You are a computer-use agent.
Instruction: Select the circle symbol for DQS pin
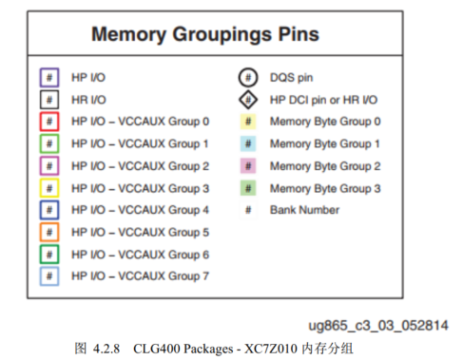(x=240, y=78)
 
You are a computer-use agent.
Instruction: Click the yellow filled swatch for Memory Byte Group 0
(x=248, y=122)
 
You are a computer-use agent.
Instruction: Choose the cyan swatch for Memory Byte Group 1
(x=248, y=143)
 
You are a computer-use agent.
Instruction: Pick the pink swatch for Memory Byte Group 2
(x=248, y=166)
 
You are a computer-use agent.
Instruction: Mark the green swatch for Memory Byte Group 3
(x=248, y=188)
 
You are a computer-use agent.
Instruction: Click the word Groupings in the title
(x=222, y=34)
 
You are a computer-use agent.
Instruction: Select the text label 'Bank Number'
(x=304, y=210)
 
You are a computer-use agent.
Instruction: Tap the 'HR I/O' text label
(x=88, y=100)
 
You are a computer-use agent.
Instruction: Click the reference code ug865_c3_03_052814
(x=378, y=326)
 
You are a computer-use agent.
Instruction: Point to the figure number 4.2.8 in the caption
(x=106, y=349)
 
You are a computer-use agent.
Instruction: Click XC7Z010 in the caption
(x=271, y=349)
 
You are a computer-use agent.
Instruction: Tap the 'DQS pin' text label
(x=292, y=78)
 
